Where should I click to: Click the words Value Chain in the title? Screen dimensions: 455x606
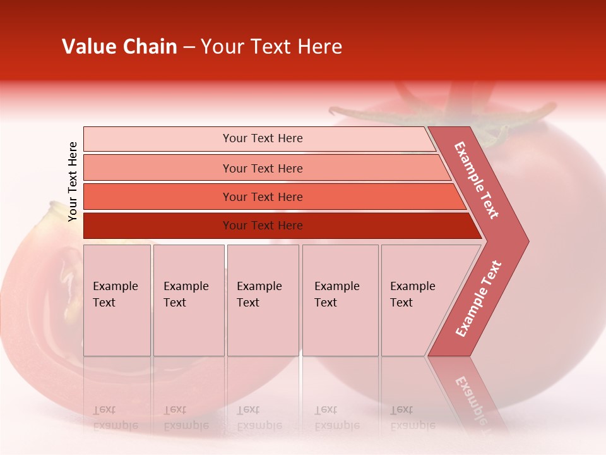tap(119, 47)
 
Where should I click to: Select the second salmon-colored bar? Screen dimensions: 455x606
tap(263, 168)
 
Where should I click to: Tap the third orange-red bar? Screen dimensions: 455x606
tap(263, 197)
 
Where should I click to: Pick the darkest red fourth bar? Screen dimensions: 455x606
tap(263, 226)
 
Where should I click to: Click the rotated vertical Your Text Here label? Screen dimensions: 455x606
tap(73, 181)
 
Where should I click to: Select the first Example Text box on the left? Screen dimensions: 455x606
tap(117, 300)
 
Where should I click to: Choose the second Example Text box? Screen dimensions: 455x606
tap(188, 300)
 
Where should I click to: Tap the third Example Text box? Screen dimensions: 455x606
tap(263, 300)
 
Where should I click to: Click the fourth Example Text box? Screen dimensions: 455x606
tap(340, 300)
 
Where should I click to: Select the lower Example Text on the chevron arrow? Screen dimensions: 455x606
tap(478, 299)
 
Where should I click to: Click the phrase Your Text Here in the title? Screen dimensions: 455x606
tap(271, 47)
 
